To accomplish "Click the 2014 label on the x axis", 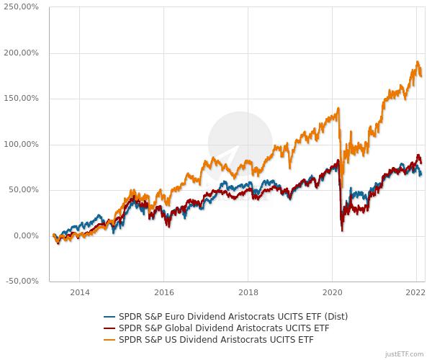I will [80, 293].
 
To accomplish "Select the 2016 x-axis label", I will [164, 293].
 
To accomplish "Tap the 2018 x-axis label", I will [248, 293].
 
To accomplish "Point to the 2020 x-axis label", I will [332, 293].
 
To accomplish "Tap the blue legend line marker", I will [109, 316].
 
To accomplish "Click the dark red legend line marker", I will [109, 328].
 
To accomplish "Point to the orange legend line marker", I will [109, 339].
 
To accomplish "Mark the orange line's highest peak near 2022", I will [418, 62].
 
